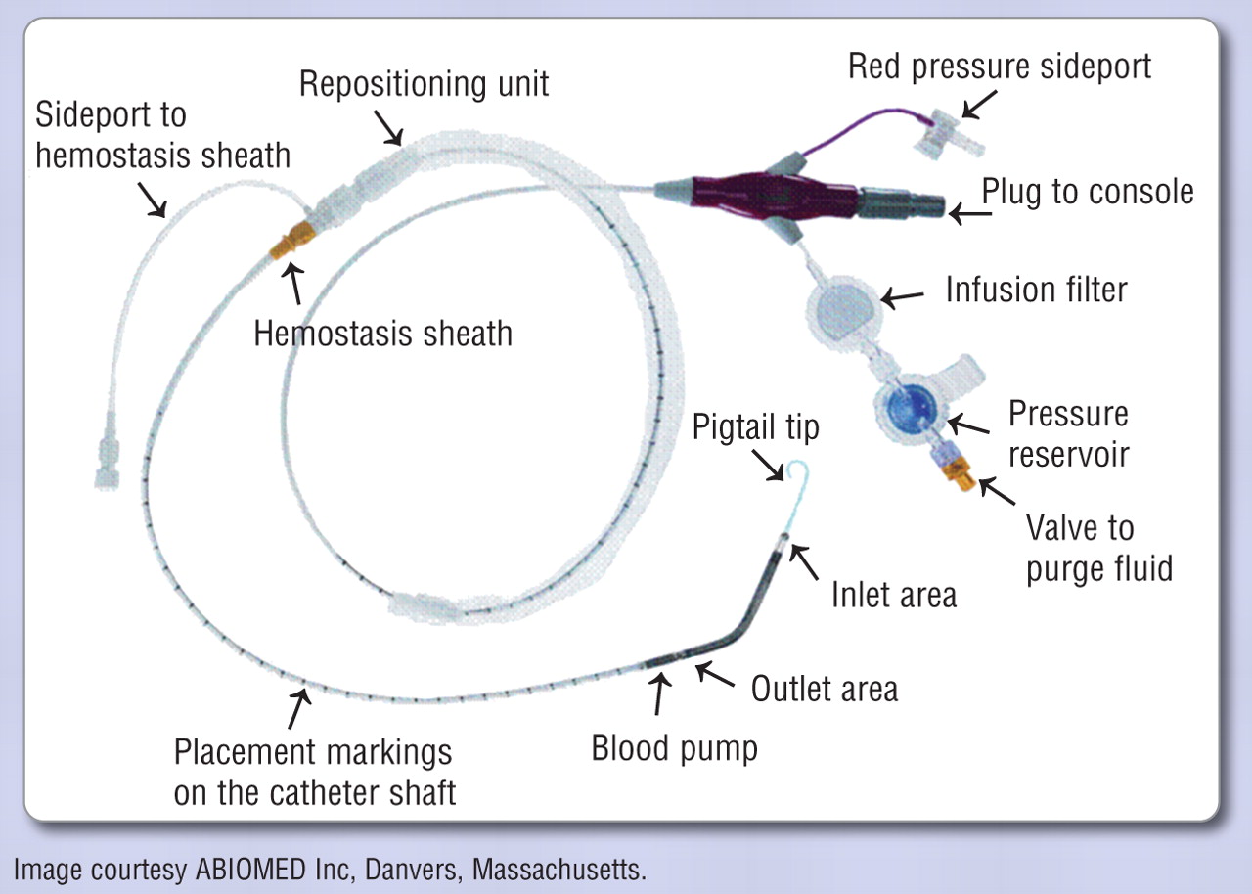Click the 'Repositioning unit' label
[424, 85]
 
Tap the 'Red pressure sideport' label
[1000, 67]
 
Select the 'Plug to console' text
[1088, 192]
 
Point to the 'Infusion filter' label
[1036, 290]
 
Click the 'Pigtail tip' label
[756, 428]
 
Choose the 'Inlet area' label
[894, 594]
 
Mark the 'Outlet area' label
[825, 689]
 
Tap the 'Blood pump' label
[675, 748]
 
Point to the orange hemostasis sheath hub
[291, 240]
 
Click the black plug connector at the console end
[900, 203]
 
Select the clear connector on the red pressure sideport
[948, 134]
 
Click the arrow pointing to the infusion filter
[902, 297]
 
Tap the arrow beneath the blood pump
[660, 693]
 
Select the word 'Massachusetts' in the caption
[559, 870]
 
